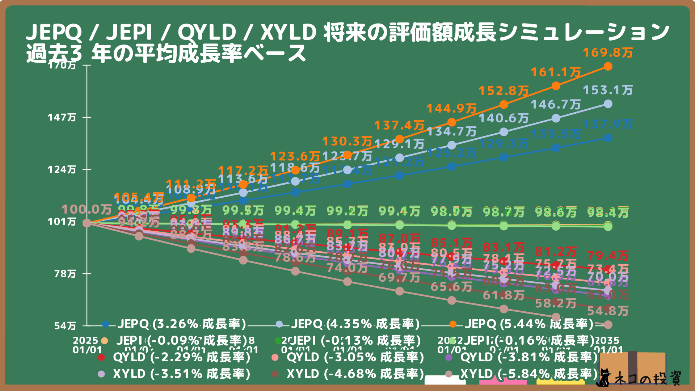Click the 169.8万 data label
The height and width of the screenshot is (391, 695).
[x=608, y=53]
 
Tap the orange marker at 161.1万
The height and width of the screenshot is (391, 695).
[x=556, y=86]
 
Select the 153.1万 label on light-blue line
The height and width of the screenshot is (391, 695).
[x=608, y=90]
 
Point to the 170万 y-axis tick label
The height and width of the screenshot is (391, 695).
[x=62, y=65]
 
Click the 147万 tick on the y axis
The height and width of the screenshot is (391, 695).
[x=62, y=117]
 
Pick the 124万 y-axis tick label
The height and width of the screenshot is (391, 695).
[x=62, y=169]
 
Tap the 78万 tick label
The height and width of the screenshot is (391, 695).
[x=66, y=274]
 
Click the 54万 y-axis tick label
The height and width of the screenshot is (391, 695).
[x=66, y=326]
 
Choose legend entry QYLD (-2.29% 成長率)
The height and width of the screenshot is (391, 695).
[x=181, y=357]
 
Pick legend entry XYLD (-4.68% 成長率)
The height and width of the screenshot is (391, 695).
[x=355, y=374]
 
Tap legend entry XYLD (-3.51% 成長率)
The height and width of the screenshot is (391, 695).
[x=181, y=374]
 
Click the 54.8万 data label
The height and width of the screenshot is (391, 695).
[x=608, y=311]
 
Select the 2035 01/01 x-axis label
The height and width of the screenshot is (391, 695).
[x=608, y=345]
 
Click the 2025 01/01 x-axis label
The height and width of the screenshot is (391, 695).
[x=87, y=345]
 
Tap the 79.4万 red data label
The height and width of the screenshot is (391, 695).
[x=608, y=256]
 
